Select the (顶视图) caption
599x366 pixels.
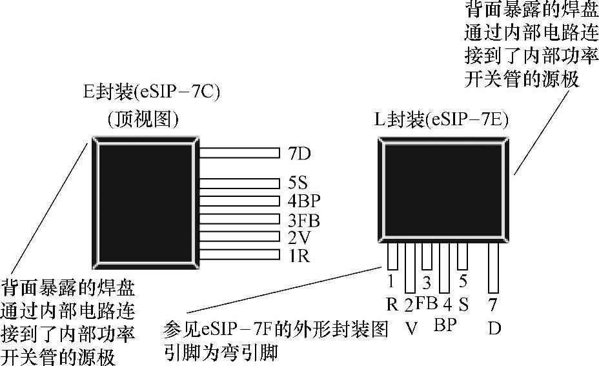143,118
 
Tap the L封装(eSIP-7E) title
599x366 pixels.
441,119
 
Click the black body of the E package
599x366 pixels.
144,198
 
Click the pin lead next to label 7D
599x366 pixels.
237,154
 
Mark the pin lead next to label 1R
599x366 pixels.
237,255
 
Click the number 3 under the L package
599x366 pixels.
426,281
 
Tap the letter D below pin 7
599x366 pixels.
494,327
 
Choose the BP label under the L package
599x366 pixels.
444,324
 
